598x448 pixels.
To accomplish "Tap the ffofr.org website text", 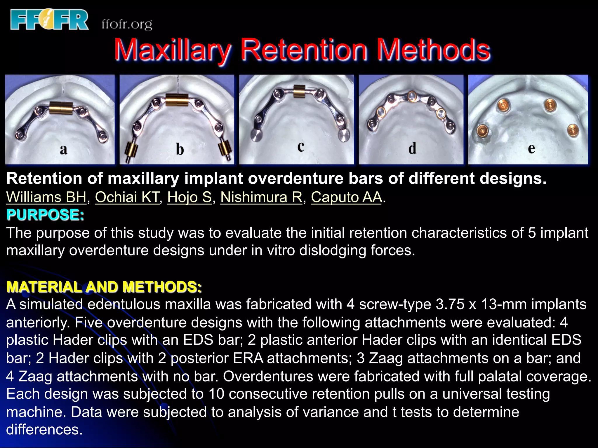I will [127, 24].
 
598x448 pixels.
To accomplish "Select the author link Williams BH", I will [46, 197].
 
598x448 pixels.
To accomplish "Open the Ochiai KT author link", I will [127, 197].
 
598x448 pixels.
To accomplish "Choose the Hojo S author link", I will [189, 197].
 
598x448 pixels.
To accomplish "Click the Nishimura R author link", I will [261, 197].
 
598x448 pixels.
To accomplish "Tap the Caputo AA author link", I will [346, 197].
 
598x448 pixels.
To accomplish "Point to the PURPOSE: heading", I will [45, 215].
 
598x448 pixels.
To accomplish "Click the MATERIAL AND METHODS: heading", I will [104, 287].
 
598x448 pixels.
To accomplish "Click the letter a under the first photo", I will [63, 150].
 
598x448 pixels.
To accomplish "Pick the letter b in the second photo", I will [180, 150].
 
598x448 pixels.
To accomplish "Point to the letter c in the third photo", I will [301, 146].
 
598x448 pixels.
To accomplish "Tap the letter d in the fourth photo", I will [412, 148].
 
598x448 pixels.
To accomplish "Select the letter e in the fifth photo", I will [531, 149].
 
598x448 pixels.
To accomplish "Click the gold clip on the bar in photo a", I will [60, 108].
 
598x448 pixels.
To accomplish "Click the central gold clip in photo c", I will [299, 91].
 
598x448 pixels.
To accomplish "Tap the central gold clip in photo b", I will [177, 100].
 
